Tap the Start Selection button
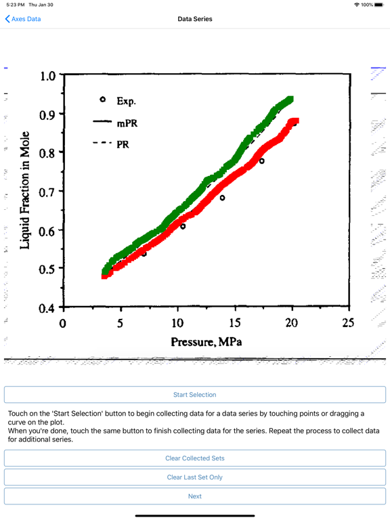click(x=195, y=395)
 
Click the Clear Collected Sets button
click(x=195, y=458)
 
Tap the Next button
click(x=195, y=496)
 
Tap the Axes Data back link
click(x=23, y=19)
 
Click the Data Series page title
click(x=195, y=19)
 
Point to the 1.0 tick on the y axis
click(x=48, y=76)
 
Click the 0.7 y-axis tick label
click(x=47, y=192)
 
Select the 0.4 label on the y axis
click(x=47, y=309)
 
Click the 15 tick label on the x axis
click(x=235, y=323)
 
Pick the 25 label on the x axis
click(x=348, y=323)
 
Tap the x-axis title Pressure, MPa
click(x=207, y=342)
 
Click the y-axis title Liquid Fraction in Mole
click(x=25, y=190)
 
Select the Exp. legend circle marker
click(x=103, y=99)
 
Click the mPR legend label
click(x=127, y=123)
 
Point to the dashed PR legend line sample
click(x=102, y=143)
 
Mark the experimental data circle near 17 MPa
click(x=261, y=161)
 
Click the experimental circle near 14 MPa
click(x=222, y=198)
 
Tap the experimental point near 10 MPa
click(x=183, y=227)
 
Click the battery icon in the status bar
click(x=379, y=5)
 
